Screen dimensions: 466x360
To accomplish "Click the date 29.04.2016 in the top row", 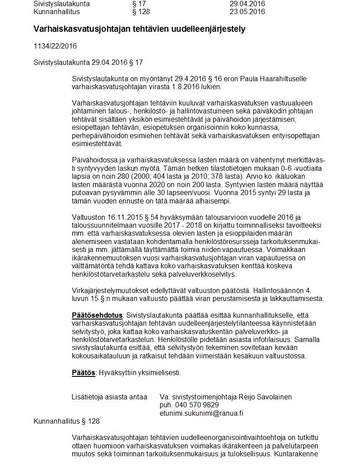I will point(247,4).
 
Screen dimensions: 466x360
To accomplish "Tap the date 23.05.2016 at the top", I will point(247,11).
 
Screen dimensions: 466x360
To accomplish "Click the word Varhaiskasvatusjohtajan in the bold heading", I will point(73,29).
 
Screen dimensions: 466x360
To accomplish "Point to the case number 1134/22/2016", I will point(55,46).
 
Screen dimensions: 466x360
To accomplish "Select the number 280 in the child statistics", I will point(124,176).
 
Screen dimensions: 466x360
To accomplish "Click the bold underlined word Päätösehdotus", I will point(97,315).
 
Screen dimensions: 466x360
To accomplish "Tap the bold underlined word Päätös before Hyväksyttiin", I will point(83,373).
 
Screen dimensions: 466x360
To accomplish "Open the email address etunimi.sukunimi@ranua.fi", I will point(201,413).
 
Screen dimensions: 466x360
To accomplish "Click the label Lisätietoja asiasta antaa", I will point(109,397).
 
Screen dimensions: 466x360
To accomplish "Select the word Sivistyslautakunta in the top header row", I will point(62,4).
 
